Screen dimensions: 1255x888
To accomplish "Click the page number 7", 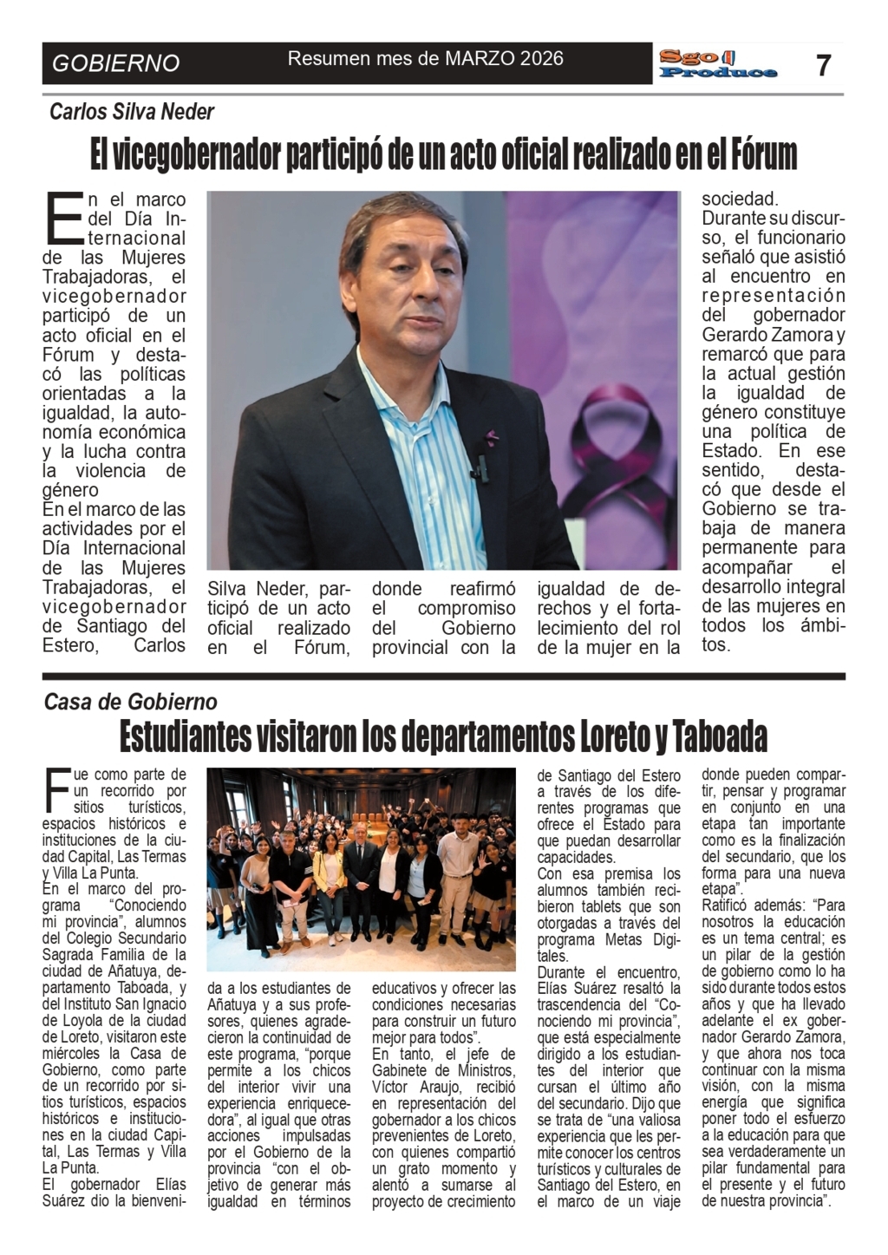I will [x=824, y=65].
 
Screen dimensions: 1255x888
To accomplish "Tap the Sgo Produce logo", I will [x=717, y=64].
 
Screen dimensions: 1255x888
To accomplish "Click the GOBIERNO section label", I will [x=116, y=63].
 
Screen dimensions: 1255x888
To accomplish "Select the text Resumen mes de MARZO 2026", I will [x=425, y=59].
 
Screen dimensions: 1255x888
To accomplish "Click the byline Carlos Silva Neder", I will [x=132, y=111].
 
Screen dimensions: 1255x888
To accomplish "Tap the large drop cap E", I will [x=63, y=216].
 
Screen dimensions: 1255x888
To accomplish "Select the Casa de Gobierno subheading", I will [x=131, y=702].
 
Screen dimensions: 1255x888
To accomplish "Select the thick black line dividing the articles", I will [x=444, y=676].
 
